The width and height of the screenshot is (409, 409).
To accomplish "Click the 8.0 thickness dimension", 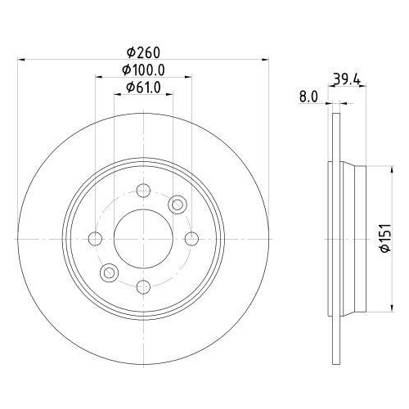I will (308, 97).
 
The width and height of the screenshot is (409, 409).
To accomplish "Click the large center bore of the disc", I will (143, 238).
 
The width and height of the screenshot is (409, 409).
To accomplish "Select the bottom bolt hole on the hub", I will (143, 285).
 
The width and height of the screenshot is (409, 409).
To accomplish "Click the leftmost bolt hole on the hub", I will (95, 238).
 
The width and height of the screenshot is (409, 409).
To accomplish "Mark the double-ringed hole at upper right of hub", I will (178, 204).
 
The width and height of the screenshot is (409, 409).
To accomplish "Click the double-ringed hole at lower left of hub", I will (109, 272).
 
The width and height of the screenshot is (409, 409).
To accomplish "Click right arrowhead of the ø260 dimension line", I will (267, 58).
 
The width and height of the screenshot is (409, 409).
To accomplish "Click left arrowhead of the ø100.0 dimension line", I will (98, 77).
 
